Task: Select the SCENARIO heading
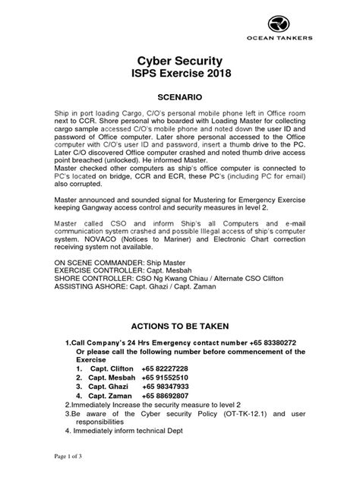click(x=180, y=99)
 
